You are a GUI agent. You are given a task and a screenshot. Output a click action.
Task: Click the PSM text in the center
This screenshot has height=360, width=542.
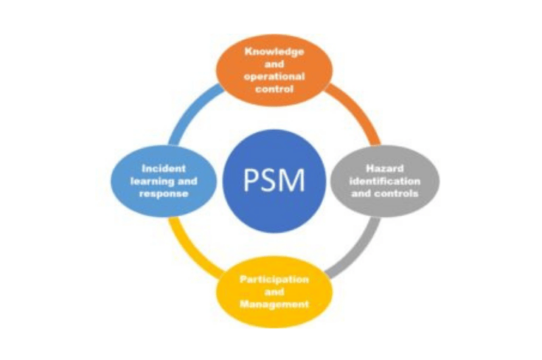click(274, 180)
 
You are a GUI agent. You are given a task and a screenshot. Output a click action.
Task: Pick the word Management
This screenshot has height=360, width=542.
click(274, 303)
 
